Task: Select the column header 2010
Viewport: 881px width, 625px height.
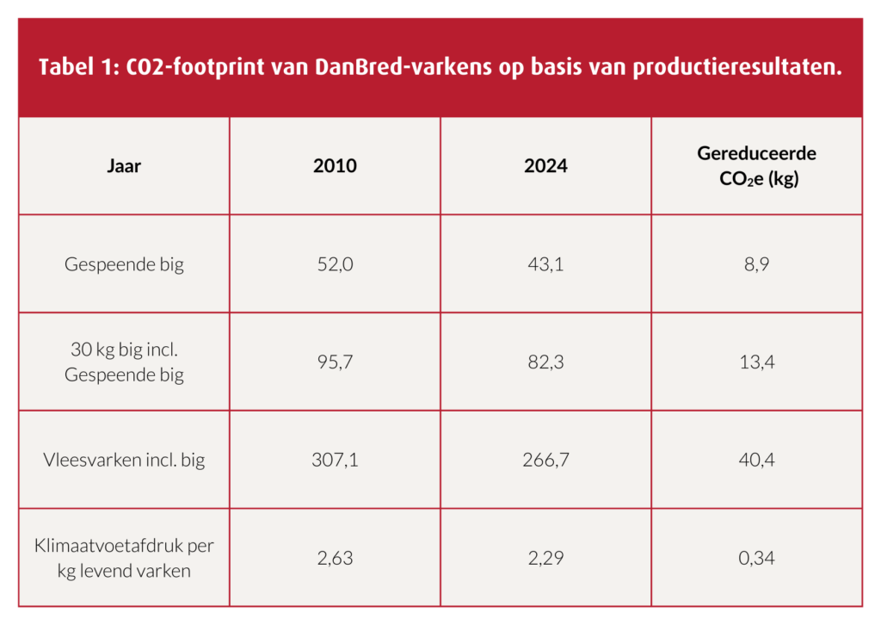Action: tap(335, 166)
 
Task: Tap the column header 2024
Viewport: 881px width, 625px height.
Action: tap(545, 166)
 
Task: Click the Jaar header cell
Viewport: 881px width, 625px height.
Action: tap(124, 166)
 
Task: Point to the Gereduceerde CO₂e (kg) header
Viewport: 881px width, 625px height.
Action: tap(756, 166)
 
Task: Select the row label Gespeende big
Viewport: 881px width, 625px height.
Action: tap(124, 264)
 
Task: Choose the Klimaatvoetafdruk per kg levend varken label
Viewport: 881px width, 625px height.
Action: tap(124, 558)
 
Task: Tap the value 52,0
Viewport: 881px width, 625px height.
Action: tap(335, 264)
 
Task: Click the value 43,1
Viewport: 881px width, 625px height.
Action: tap(545, 264)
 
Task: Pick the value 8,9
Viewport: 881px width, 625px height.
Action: tap(756, 264)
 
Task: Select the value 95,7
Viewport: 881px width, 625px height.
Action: tap(335, 362)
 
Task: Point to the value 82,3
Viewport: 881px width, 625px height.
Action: tap(545, 362)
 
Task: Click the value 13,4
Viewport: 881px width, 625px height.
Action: tap(756, 362)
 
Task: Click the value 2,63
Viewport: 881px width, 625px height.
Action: tap(335, 558)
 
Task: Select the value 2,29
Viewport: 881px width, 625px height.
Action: tap(545, 558)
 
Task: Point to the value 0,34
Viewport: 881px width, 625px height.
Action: tap(756, 558)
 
